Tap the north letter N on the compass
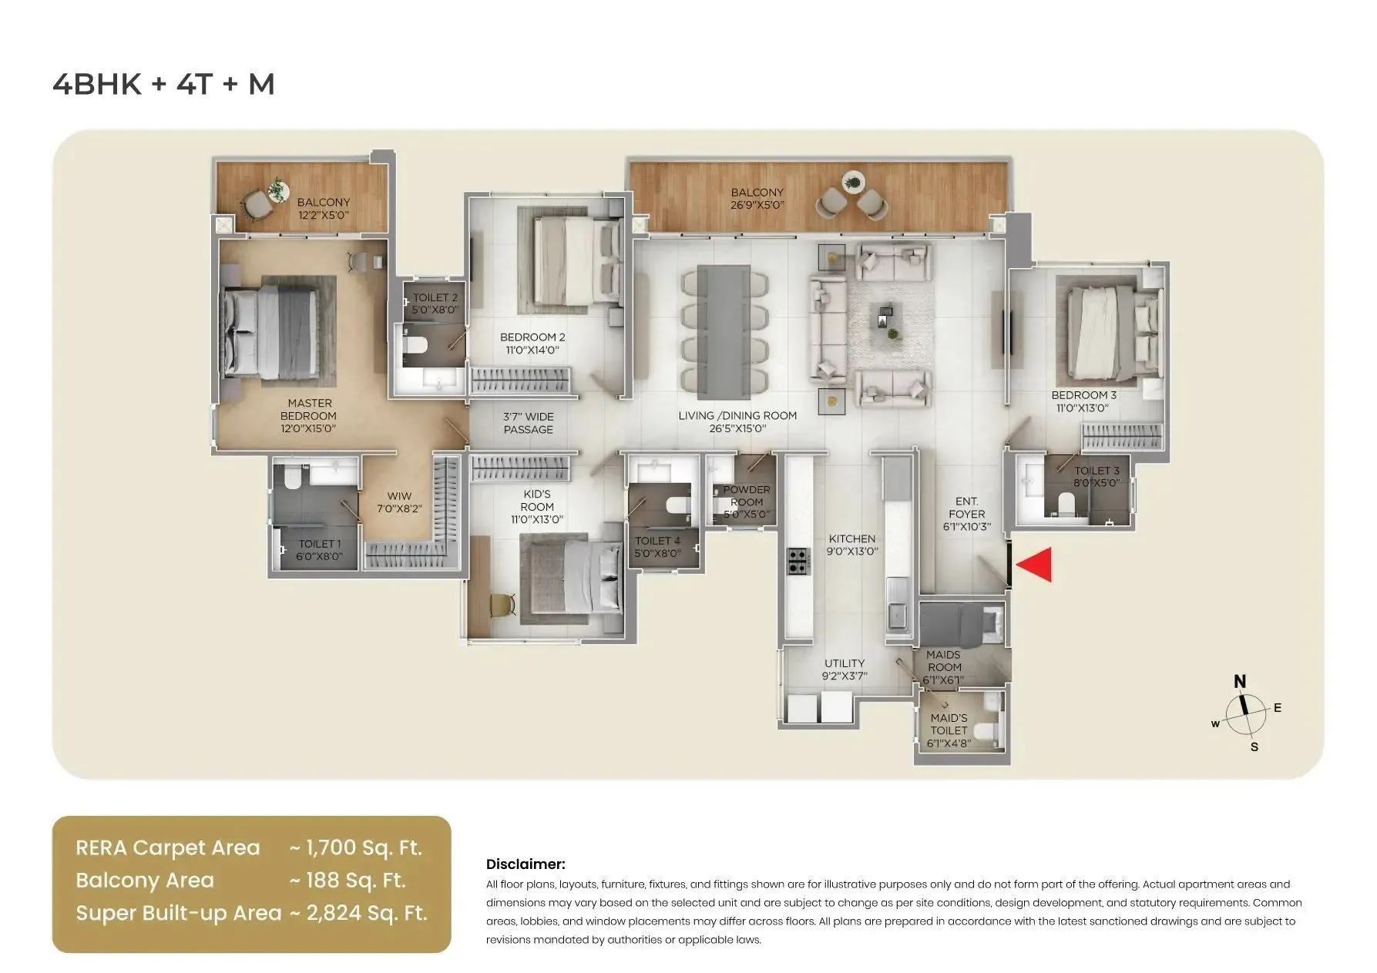(x=1240, y=681)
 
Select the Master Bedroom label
(x=309, y=415)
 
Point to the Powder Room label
(x=746, y=502)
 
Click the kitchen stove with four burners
(x=798, y=561)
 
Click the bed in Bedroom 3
(x=1102, y=327)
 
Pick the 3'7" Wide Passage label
(x=529, y=423)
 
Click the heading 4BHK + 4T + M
(x=163, y=84)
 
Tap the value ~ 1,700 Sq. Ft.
(x=356, y=848)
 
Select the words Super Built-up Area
(x=178, y=913)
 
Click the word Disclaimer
(x=526, y=864)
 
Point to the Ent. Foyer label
(x=966, y=514)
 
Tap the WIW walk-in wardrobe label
(x=399, y=502)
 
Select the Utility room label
(x=845, y=669)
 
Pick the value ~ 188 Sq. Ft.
(x=347, y=881)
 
